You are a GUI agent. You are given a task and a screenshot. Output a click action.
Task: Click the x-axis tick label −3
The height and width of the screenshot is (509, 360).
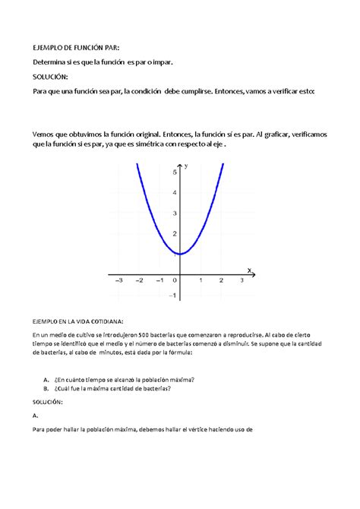(x=118, y=280)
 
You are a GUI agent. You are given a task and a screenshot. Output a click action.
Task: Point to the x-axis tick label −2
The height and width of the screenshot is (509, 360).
(x=138, y=280)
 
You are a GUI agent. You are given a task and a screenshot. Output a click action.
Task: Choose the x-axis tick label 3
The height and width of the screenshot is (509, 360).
(x=242, y=280)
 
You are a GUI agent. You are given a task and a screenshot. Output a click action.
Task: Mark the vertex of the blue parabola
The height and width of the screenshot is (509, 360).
(x=180, y=254)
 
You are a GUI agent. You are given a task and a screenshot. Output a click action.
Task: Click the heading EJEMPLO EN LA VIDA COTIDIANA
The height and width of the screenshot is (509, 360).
(x=77, y=321)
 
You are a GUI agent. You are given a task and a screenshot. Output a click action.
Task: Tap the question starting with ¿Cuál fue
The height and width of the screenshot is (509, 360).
(x=112, y=388)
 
